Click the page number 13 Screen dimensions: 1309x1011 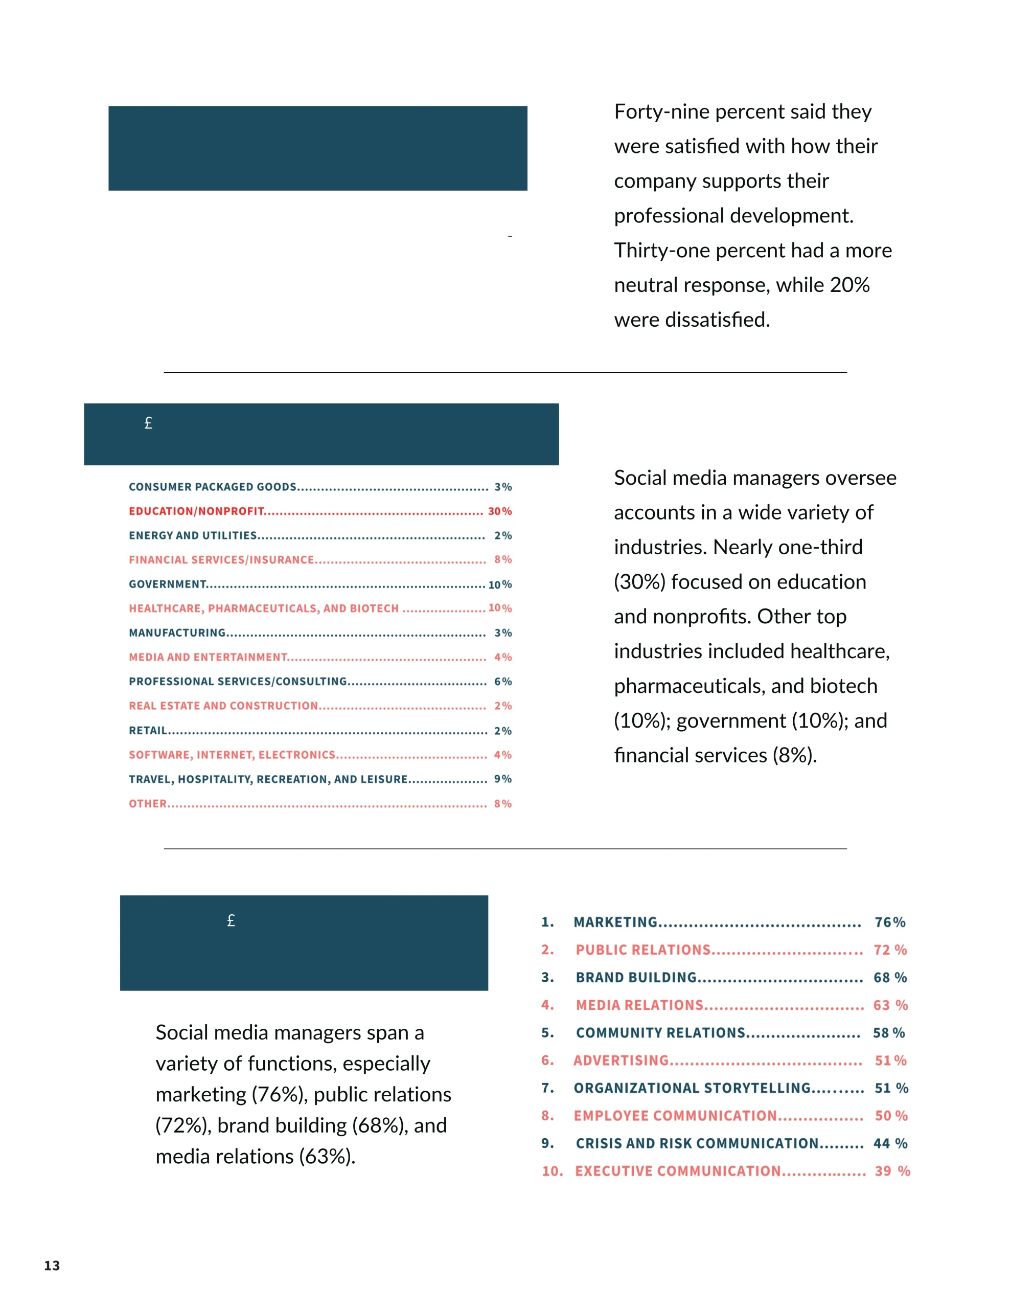pyautogui.click(x=52, y=1265)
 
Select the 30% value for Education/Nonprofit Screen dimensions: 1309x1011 pyautogui.click(x=500, y=511)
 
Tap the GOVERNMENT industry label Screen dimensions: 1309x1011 pyautogui.click(x=168, y=584)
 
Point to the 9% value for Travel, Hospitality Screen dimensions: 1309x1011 pyautogui.click(x=503, y=779)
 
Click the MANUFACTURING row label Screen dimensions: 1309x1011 pyautogui.click(x=177, y=633)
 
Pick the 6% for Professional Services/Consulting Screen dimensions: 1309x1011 pyautogui.click(x=503, y=682)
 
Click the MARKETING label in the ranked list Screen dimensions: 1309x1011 pyautogui.click(x=615, y=922)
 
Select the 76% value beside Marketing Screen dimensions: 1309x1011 pyautogui.click(x=889, y=922)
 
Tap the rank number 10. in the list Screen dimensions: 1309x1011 pyautogui.click(x=552, y=1170)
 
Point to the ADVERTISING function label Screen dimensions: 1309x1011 pyautogui.click(x=621, y=1060)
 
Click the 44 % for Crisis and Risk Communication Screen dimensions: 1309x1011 pyautogui.click(x=890, y=1143)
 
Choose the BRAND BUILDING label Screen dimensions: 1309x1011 pyautogui.click(x=636, y=978)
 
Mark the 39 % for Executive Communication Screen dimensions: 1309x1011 pyautogui.click(x=892, y=1170)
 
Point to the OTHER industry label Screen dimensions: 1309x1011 pyautogui.click(x=147, y=803)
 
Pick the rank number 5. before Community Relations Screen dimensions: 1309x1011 pyautogui.click(x=547, y=1033)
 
